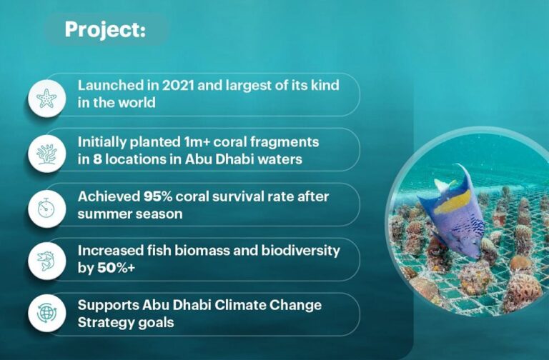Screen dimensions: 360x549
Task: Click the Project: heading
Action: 104,29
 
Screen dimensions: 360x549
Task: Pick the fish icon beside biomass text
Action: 46,259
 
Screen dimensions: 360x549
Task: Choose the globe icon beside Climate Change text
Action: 46,314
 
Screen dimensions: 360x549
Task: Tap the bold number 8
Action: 97,158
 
